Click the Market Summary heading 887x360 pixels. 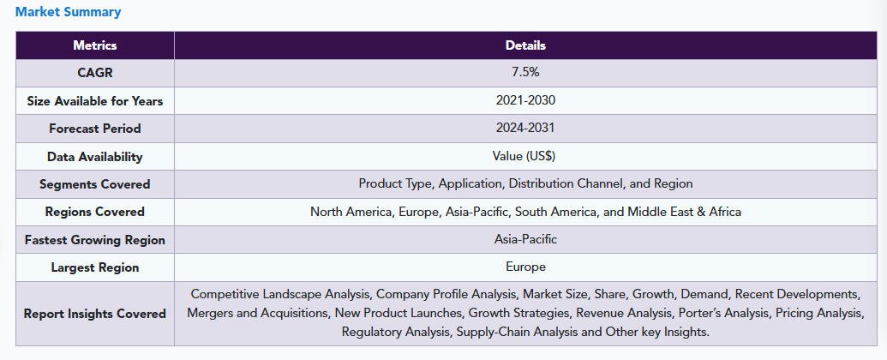pos(68,12)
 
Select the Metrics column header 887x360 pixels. pos(94,45)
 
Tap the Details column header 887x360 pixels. pos(525,45)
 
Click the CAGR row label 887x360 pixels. pos(94,73)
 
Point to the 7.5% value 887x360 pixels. pos(525,73)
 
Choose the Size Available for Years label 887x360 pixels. pos(94,101)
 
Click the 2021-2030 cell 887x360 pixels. pos(525,100)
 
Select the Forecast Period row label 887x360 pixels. pos(94,129)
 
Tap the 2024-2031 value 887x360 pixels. pos(525,128)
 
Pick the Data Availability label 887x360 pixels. pos(94,157)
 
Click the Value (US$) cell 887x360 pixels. pos(525,156)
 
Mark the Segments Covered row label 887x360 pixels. pos(94,184)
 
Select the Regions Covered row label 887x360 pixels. pos(94,212)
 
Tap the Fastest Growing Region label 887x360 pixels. pos(94,240)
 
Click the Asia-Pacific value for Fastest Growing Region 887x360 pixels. pos(525,239)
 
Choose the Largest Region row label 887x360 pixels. pos(94,267)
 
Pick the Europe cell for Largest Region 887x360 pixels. pos(525,267)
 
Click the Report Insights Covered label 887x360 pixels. pos(94,314)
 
